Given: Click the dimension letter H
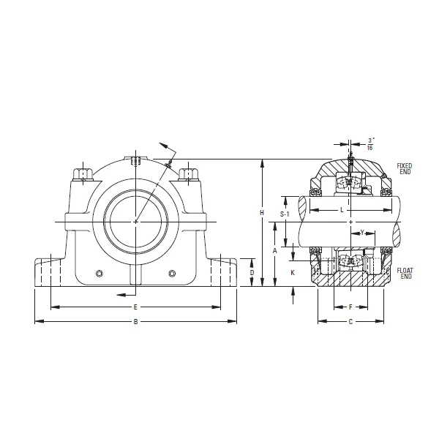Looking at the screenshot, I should tap(261, 212).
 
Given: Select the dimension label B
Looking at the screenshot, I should tap(135, 321).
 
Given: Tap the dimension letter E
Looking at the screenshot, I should tap(135, 306).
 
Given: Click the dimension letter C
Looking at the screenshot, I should tap(350, 321).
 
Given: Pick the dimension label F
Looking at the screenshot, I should tap(350, 307).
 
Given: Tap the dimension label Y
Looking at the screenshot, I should tap(363, 233).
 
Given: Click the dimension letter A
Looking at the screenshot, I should tap(274, 250).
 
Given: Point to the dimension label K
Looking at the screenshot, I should tap(292, 272).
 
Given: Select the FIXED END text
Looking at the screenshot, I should tap(404, 169).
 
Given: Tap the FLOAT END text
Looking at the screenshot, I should tap(405, 273).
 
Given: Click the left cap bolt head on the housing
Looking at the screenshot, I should tap(82, 175).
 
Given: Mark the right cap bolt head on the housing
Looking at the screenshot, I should tap(189, 174).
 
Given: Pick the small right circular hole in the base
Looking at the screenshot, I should tap(171, 274).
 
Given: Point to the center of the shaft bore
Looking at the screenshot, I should tap(135, 221).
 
